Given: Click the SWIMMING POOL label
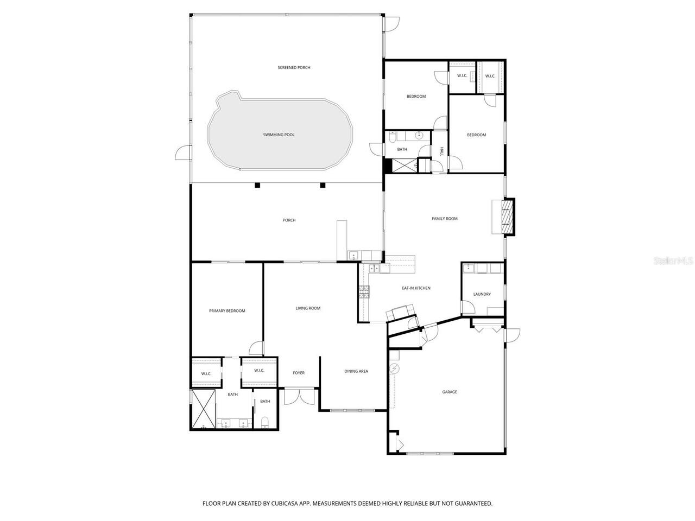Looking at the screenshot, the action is (279, 135).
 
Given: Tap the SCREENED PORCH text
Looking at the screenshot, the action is (294, 67).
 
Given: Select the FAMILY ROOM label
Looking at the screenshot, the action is (445, 219).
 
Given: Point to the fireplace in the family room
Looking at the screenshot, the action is (507, 217).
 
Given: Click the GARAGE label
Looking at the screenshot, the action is (450, 392).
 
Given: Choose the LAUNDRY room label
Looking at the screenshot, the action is (482, 294).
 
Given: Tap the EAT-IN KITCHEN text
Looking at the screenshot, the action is (416, 288).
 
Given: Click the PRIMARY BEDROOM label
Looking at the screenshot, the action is (227, 311).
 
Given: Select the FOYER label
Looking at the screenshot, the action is (299, 373).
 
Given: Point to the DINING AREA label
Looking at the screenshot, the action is (356, 371).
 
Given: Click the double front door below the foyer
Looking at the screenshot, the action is (300, 396).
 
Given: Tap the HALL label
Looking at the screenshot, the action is (442, 151).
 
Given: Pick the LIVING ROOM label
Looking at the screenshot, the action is (308, 308).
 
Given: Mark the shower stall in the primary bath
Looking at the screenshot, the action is (204, 409).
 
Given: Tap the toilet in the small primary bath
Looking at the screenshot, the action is (265, 422).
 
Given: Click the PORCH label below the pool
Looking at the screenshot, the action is (289, 220).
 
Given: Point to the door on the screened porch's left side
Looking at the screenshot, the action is (184, 153).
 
